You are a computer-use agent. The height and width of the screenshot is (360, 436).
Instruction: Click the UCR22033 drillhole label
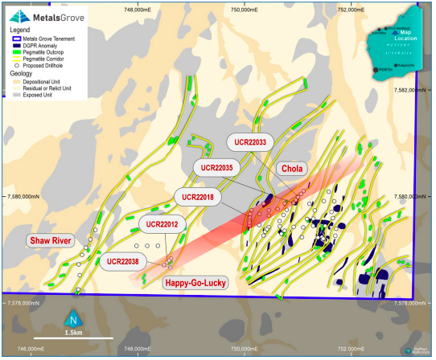click(250, 141)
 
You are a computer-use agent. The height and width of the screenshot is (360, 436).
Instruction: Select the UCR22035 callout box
click(216, 168)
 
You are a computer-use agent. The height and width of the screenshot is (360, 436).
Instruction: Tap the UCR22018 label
click(199, 196)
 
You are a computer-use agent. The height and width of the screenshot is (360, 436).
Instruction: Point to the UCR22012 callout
click(162, 223)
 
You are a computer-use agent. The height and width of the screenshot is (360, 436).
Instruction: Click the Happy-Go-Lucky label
click(195, 282)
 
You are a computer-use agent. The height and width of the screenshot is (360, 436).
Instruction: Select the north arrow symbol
click(72, 318)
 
